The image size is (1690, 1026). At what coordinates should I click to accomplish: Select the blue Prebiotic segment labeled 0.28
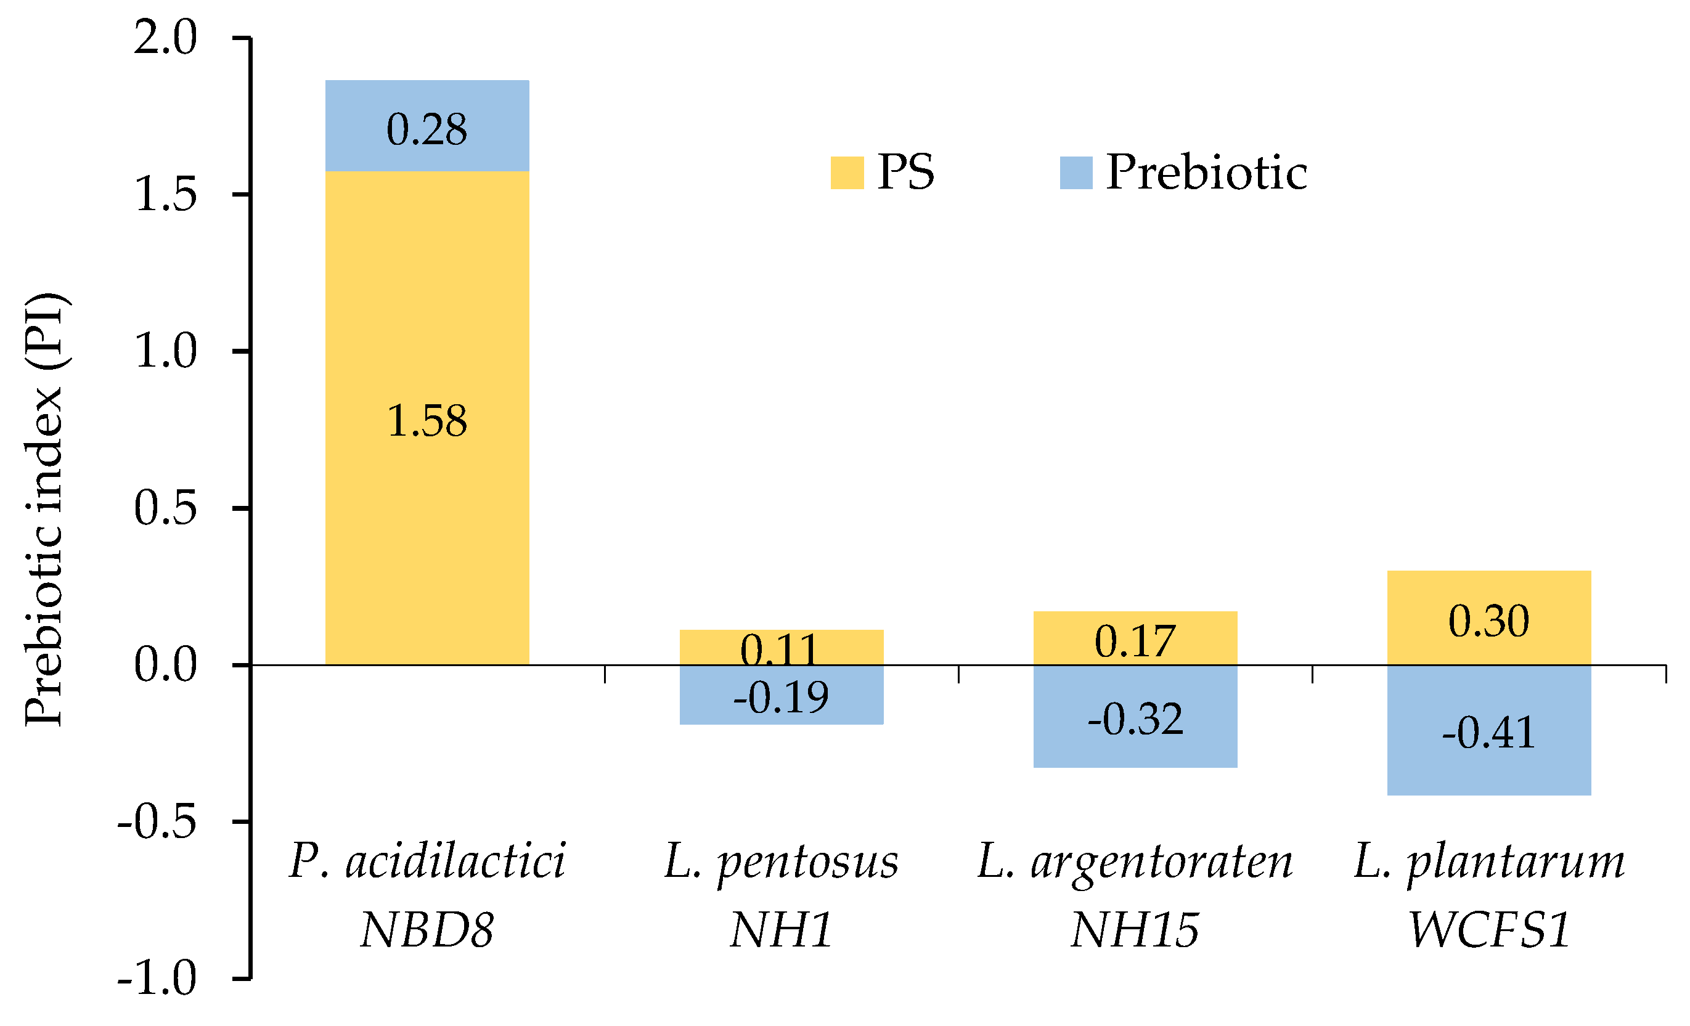click(x=427, y=126)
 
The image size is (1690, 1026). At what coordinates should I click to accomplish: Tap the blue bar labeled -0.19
click(x=782, y=694)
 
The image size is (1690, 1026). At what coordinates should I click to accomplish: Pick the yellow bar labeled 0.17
click(x=1135, y=638)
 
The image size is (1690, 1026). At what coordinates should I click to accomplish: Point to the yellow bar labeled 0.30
click(x=1489, y=617)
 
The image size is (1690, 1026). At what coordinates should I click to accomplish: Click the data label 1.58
click(x=427, y=420)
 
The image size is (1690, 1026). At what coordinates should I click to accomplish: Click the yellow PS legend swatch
click(x=846, y=173)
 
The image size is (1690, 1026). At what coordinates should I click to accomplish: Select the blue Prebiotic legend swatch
click(x=1076, y=173)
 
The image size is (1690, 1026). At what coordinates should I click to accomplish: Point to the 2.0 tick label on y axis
click(x=165, y=38)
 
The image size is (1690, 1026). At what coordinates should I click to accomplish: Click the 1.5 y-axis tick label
click(x=165, y=195)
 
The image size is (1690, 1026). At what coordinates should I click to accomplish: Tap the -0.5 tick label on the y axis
click(x=158, y=821)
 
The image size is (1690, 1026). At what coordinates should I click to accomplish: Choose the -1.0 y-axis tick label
click(x=158, y=978)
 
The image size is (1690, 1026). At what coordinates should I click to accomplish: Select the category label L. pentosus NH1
click(x=782, y=895)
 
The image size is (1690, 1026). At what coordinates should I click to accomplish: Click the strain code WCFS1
click(x=1489, y=930)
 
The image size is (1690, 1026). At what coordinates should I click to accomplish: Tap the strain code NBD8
click(x=427, y=930)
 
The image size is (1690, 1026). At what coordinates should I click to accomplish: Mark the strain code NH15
click(x=1135, y=930)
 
